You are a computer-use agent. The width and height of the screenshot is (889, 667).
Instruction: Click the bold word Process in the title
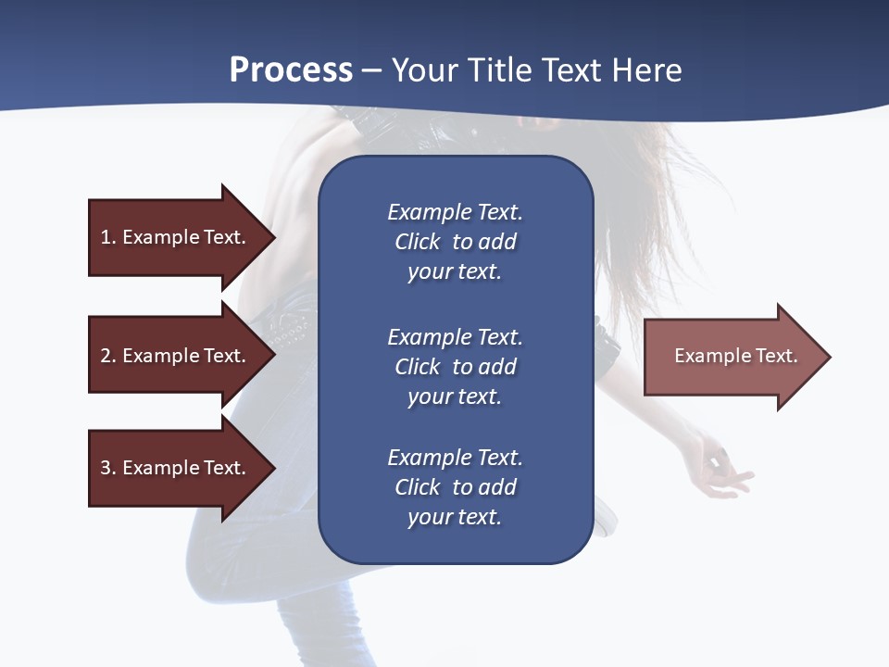[291, 70]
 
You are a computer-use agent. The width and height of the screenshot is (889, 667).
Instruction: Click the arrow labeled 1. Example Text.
[176, 237]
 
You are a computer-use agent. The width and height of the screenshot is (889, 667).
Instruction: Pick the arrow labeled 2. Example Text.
[176, 356]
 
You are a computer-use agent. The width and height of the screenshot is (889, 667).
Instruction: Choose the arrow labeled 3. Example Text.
[176, 468]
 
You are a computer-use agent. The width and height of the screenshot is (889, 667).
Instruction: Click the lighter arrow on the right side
[732, 357]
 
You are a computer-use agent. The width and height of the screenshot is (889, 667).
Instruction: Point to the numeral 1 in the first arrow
[106, 237]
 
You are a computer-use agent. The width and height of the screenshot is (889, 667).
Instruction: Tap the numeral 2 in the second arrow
[106, 356]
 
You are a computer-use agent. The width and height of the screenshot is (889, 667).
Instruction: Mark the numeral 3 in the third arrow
[106, 468]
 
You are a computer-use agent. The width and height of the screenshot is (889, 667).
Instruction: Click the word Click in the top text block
[418, 242]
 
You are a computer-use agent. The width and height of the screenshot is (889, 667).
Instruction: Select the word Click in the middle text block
[418, 367]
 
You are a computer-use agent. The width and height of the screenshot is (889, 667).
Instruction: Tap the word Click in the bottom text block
[418, 487]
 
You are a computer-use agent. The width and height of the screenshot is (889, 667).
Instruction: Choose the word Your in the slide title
[422, 70]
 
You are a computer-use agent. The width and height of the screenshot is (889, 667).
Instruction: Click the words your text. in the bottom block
[455, 517]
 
